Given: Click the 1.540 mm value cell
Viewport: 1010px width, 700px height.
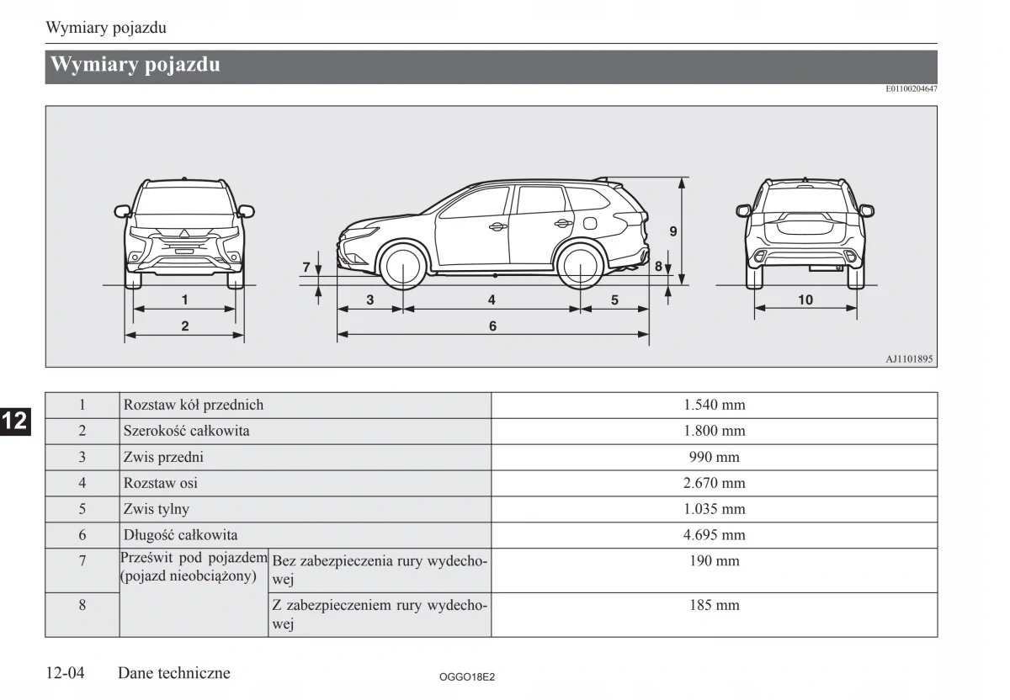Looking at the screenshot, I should (714, 405).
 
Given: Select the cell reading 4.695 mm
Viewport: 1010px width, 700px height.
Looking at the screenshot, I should (714, 535).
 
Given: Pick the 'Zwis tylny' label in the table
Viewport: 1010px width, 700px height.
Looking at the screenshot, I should (157, 509).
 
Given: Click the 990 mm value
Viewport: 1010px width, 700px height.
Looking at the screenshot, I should (714, 457).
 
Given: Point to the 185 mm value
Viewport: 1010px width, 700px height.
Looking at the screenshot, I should (714, 605).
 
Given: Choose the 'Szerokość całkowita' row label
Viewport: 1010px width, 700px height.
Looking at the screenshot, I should (187, 431).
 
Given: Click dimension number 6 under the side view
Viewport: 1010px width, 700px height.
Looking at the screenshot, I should (492, 326).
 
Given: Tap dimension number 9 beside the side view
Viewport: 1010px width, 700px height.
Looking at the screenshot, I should (673, 231).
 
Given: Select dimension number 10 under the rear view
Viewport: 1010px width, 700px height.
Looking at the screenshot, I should (805, 300).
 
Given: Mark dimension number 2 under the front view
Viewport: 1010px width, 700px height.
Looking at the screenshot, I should (185, 326).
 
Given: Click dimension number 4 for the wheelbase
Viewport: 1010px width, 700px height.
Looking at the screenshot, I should (492, 300).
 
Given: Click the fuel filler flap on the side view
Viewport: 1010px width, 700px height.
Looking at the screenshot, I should (590, 223).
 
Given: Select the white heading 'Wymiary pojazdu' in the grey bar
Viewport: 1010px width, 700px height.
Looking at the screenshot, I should (136, 65).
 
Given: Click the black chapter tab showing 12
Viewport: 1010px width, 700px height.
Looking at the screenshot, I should (15, 422).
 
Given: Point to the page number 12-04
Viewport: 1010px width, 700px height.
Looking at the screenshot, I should (66, 673).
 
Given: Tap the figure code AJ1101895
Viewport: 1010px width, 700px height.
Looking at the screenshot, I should (908, 358).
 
